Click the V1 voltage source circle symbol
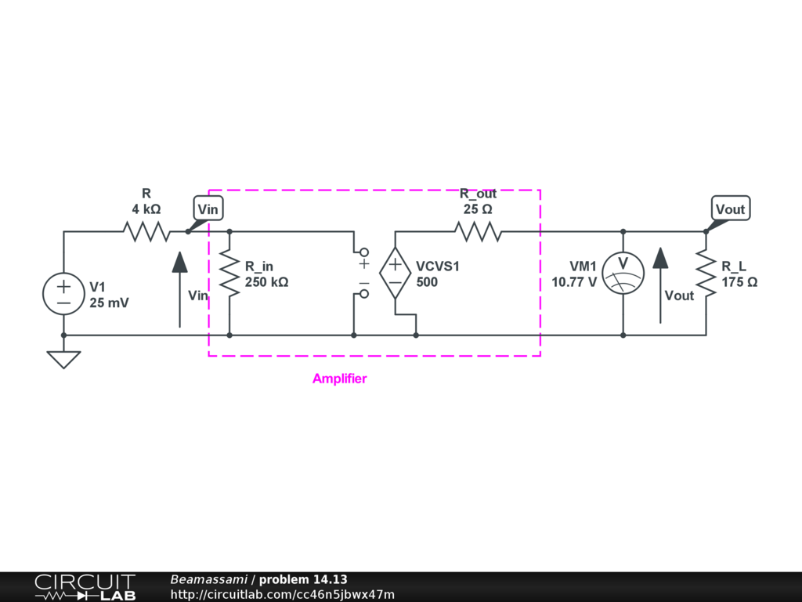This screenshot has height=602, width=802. [63, 294]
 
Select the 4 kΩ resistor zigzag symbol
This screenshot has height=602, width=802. [146, 231]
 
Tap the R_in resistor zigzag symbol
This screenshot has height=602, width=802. [229, 274]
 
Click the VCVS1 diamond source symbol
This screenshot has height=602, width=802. [395, 273]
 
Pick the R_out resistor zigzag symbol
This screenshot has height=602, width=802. [478, 231]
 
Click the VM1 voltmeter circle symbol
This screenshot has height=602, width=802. [623, 274]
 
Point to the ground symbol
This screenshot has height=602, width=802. [63, 358]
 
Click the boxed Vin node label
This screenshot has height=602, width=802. [208, 209]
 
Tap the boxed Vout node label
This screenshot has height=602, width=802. [731, 209]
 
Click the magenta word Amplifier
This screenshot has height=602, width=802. [339, 379]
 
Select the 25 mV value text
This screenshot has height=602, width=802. [109, 302]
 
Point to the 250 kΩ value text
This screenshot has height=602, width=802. [266, 282]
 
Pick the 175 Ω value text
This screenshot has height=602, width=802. [739, 282]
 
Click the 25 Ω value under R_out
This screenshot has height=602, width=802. [478, 209]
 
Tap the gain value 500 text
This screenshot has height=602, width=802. [427, 282]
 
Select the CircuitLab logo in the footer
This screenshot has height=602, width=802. [85, 587]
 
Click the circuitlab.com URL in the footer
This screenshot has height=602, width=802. [282, 594]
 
